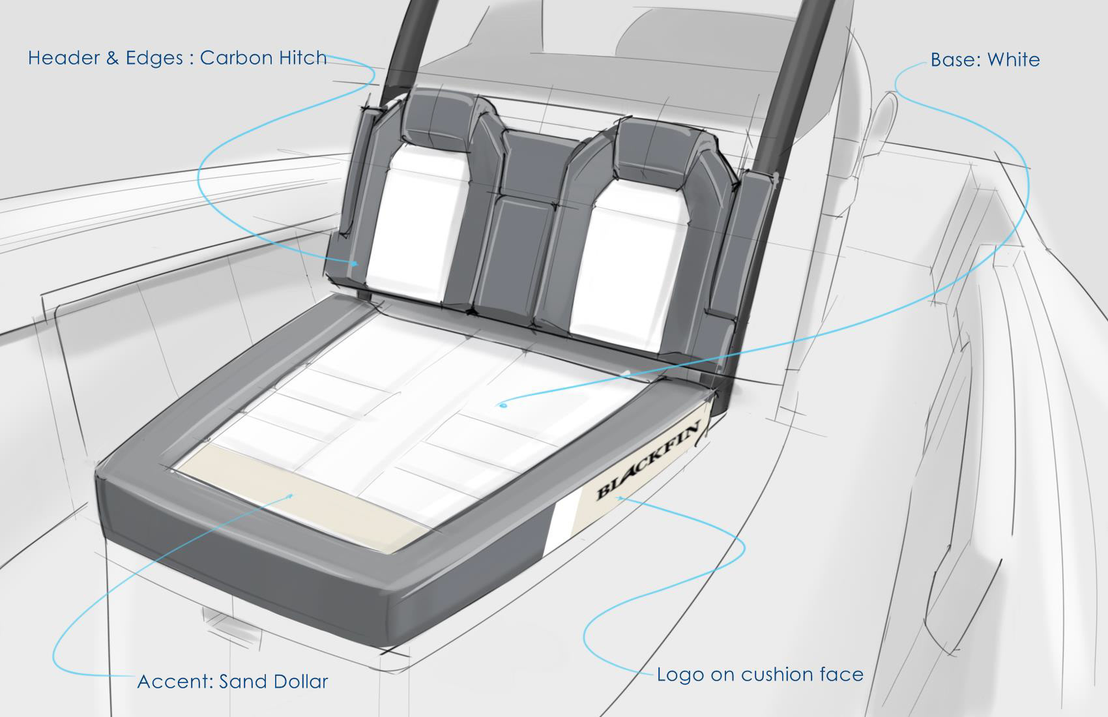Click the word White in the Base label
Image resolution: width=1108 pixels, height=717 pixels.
click(1013, 60)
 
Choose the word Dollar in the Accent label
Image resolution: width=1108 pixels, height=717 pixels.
click(300, 682)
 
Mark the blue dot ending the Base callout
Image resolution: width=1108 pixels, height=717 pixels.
click(502, 405)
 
